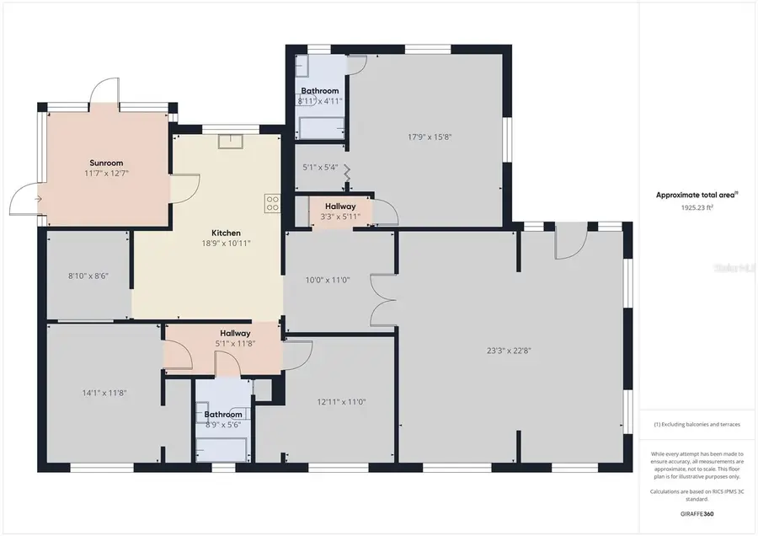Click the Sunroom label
(106, 163)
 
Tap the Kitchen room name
(226, 233)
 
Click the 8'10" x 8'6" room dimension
(88, 276)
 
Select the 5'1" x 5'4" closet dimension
(320, 167)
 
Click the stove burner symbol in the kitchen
(273, 202)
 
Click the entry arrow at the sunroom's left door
(38, 199)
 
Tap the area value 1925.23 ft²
(697, 206)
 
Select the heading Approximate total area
(696, 195)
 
